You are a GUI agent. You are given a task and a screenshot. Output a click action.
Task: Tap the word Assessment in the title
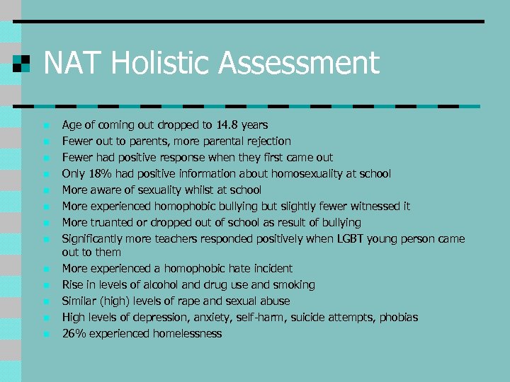coord(298,64)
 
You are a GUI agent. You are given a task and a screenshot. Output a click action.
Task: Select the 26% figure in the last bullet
coord(74,334)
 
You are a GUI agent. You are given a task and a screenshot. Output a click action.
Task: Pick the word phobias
coord(399,318)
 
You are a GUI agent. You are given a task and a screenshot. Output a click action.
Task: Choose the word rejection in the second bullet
coord(268,141)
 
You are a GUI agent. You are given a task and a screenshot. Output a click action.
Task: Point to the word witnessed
coord(377,207)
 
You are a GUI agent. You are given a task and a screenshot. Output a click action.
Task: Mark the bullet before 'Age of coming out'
coord(45,126)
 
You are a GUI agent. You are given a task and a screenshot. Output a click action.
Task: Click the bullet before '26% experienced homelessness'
coord(45,335)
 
